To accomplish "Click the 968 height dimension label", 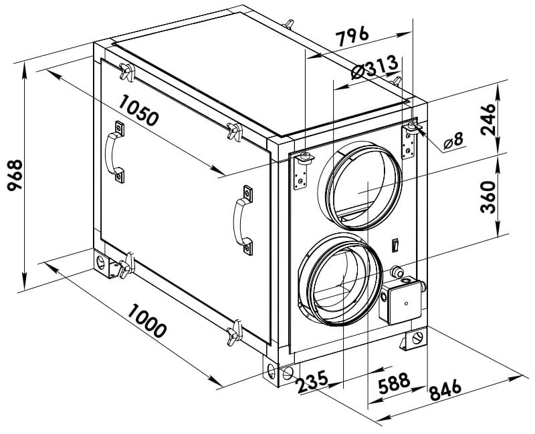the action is point(15,176).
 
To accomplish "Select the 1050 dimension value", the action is point(139,110).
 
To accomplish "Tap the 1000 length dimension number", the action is point(147,320).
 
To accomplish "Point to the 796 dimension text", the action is point(352,35).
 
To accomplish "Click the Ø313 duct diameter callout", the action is point(374,67).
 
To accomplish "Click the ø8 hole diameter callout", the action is point(453,141).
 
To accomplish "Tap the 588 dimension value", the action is point(394,383).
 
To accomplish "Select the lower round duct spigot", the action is point(340,279).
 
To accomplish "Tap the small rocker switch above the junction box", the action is point(395,245).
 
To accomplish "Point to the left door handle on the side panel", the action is point(114,152).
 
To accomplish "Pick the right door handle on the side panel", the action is point(243,220).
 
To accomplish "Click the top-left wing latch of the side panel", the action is point(127,72).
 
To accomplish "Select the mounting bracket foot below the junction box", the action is point(414,339).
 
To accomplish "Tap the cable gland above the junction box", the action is point(397,272).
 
